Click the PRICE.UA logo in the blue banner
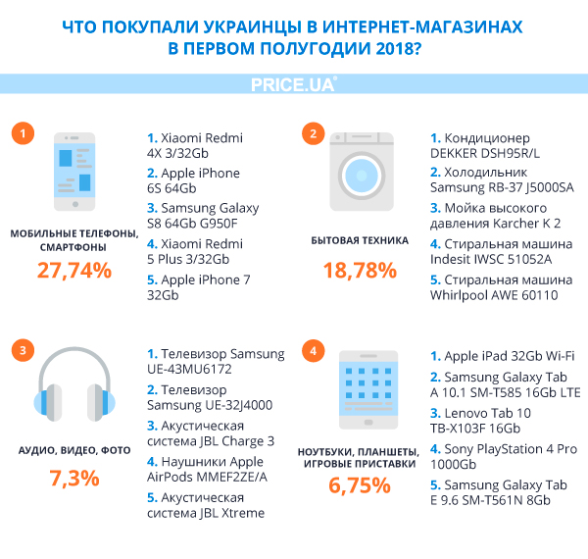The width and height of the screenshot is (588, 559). point(293,87)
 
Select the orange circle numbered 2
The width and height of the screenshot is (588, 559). point(313,134)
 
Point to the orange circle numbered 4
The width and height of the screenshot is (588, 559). point(313,350)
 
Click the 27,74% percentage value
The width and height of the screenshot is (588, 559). point(74,271)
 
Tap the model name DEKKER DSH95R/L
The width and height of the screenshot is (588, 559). point(485,154)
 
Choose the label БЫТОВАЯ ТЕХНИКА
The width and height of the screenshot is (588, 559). point(361,239)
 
